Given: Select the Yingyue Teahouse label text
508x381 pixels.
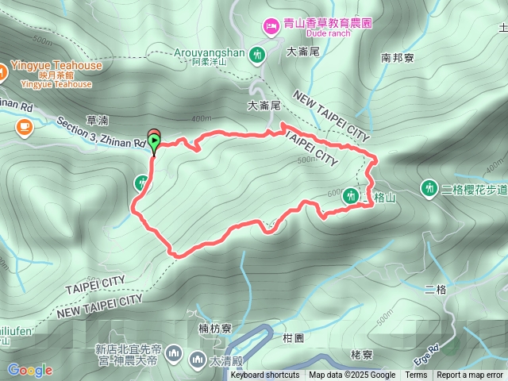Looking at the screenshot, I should click(x=56, y=66).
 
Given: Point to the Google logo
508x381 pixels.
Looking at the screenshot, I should click(x=29, y=370).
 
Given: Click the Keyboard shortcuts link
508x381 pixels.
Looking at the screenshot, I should click(x=265, y=375).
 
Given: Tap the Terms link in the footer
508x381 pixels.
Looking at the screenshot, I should click(x=416, y=375).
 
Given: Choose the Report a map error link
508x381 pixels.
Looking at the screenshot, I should click(x=471, y=375).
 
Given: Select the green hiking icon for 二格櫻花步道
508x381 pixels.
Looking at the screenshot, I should click(x=429, y=188).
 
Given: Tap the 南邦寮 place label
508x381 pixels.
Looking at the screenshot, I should click(x=397, y=57).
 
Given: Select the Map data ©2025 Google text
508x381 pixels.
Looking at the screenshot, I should click(x=352, y=375).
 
